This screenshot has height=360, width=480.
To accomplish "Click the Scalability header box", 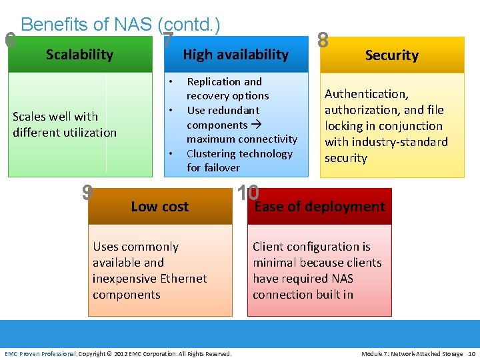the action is [x=80, y=55].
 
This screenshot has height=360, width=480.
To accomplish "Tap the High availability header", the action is [x=236, y=55].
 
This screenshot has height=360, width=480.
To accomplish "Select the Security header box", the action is [x=392, y=55].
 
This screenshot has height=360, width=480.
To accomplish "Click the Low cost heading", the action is [x=160, y=207].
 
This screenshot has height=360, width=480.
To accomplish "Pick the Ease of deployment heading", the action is [x=320, y=207].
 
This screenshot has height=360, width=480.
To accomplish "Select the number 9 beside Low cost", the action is [x=87, y=193].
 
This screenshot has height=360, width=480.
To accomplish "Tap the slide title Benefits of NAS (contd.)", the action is [x=121, y=25].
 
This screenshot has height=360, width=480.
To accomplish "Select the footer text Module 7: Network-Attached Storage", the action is [x=412, y=353].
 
